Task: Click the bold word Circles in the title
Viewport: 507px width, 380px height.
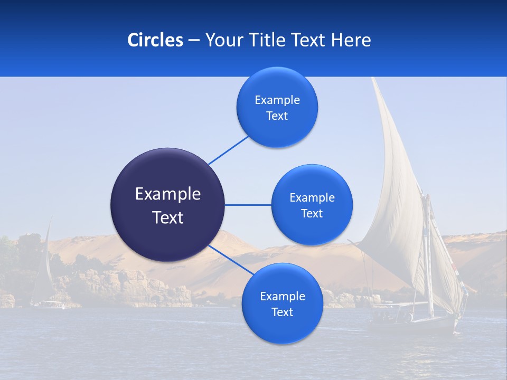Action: tap(155, 40)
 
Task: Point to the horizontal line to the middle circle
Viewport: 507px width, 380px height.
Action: tap(248, 205)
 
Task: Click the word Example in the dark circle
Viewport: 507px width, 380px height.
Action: tap(167, 194)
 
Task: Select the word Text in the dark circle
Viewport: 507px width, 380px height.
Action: tap(167, 217)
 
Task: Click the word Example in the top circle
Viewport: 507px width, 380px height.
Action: tap(277, 100)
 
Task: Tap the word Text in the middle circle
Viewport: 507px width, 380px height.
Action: tap(312, 214)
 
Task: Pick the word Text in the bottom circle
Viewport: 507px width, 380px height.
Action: tap(282, 312)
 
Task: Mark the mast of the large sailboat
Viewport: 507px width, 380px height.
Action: tap(429, 253)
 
